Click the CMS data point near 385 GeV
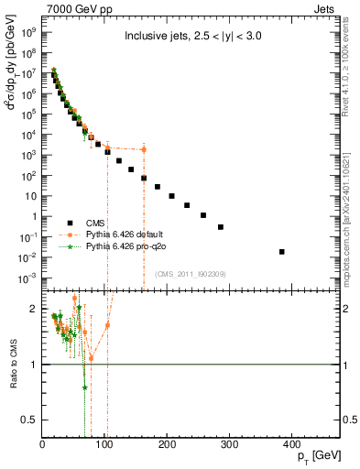point(282,251)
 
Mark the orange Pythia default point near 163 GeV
point(144,149)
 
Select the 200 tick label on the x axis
point(167,444)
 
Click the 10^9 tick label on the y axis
point(29,30)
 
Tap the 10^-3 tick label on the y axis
point(27,277)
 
